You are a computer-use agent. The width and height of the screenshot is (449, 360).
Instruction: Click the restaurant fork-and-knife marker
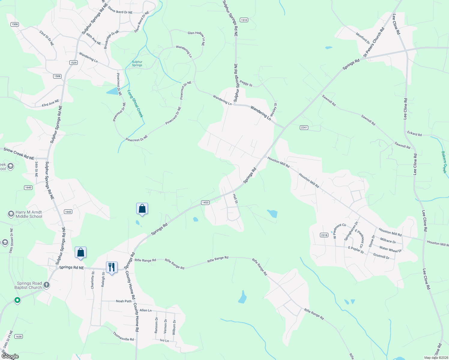(x=112, y=267)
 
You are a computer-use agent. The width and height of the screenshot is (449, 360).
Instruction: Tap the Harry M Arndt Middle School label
(x=29, y=214)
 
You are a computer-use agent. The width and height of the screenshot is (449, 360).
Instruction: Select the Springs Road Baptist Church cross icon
(x=47, y=284)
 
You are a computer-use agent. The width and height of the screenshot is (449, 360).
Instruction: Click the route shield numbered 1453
(x=205, y=202)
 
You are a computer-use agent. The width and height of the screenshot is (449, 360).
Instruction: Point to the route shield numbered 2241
(x=304, y=127)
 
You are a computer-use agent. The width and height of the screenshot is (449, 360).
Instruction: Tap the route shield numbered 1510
(x=244, y=20)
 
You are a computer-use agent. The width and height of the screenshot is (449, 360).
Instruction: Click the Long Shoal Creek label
(x=135, y=104)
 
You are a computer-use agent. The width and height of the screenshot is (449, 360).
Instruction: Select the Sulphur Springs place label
(x=137, y=63)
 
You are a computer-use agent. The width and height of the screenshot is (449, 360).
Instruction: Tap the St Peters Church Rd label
(x=374, y=42)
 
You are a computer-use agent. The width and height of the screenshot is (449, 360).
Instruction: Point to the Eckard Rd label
(x=414, y=133)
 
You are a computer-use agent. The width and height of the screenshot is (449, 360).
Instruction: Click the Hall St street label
(x=235, y=199)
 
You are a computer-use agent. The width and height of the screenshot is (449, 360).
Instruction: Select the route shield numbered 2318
(x=324, y=235)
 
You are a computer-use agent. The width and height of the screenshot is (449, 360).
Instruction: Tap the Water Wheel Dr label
(x=390, y=249)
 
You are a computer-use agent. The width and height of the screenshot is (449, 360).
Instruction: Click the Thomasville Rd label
(x=123, y=337)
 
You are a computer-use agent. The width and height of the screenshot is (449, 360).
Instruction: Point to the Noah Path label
(x=124, y=301)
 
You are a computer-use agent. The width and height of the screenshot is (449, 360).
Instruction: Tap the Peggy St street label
(x=246, y=83)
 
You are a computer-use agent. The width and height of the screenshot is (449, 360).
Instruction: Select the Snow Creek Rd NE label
(x=19, y=154)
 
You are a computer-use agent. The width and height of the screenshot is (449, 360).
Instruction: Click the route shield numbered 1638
(x=19, y=336)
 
